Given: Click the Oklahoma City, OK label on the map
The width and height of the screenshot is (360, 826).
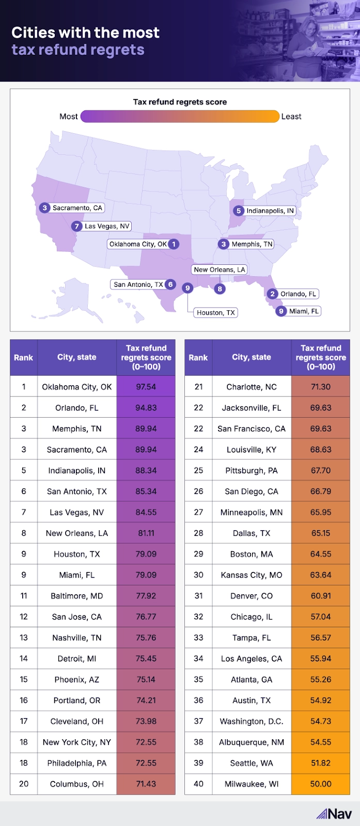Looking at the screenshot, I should click(x=138, y=244).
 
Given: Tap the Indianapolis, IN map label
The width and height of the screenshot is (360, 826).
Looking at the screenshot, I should click(x=270, y=211).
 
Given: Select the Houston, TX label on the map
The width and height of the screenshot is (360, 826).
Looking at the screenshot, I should click(x=215, y=312).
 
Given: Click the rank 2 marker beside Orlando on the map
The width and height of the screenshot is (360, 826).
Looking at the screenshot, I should click(x=273, y=294).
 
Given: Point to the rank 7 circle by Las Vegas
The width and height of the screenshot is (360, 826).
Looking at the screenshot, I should click(x=77, y=226).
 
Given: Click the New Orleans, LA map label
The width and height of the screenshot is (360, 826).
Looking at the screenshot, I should click(x=220, y=269).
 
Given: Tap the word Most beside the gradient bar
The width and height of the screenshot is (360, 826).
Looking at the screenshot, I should click(x=69, y=117).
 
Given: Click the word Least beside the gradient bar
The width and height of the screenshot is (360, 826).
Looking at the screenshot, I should click(x=291, y=117).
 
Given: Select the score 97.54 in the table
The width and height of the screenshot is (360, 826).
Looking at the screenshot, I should click(x=146, y=387).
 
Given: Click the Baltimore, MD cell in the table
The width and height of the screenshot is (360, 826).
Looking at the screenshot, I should click(x=77, y=596).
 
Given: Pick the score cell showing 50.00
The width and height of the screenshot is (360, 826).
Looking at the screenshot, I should click(x=321, y=784).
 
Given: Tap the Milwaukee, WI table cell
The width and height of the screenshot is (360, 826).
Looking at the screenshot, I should click(x=252, y=784).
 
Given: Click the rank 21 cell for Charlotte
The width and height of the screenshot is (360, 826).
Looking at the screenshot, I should click(x=198, y=387).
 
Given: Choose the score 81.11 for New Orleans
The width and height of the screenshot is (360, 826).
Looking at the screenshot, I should click(x=146, y=533).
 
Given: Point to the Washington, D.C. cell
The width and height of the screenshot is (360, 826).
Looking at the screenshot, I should click(x=252, y=721).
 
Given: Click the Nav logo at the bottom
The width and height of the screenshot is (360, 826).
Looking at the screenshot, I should click(x=334, y=814).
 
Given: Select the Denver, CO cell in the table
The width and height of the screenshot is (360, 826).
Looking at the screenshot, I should click(x=252, y=596).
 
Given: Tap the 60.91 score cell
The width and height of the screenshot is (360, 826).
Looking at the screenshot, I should click(x=321, y=596).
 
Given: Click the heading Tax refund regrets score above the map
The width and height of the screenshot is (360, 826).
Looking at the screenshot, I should click(x=180, y=102).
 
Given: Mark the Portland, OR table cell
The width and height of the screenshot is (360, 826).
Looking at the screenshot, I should click(x=77, y=701).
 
